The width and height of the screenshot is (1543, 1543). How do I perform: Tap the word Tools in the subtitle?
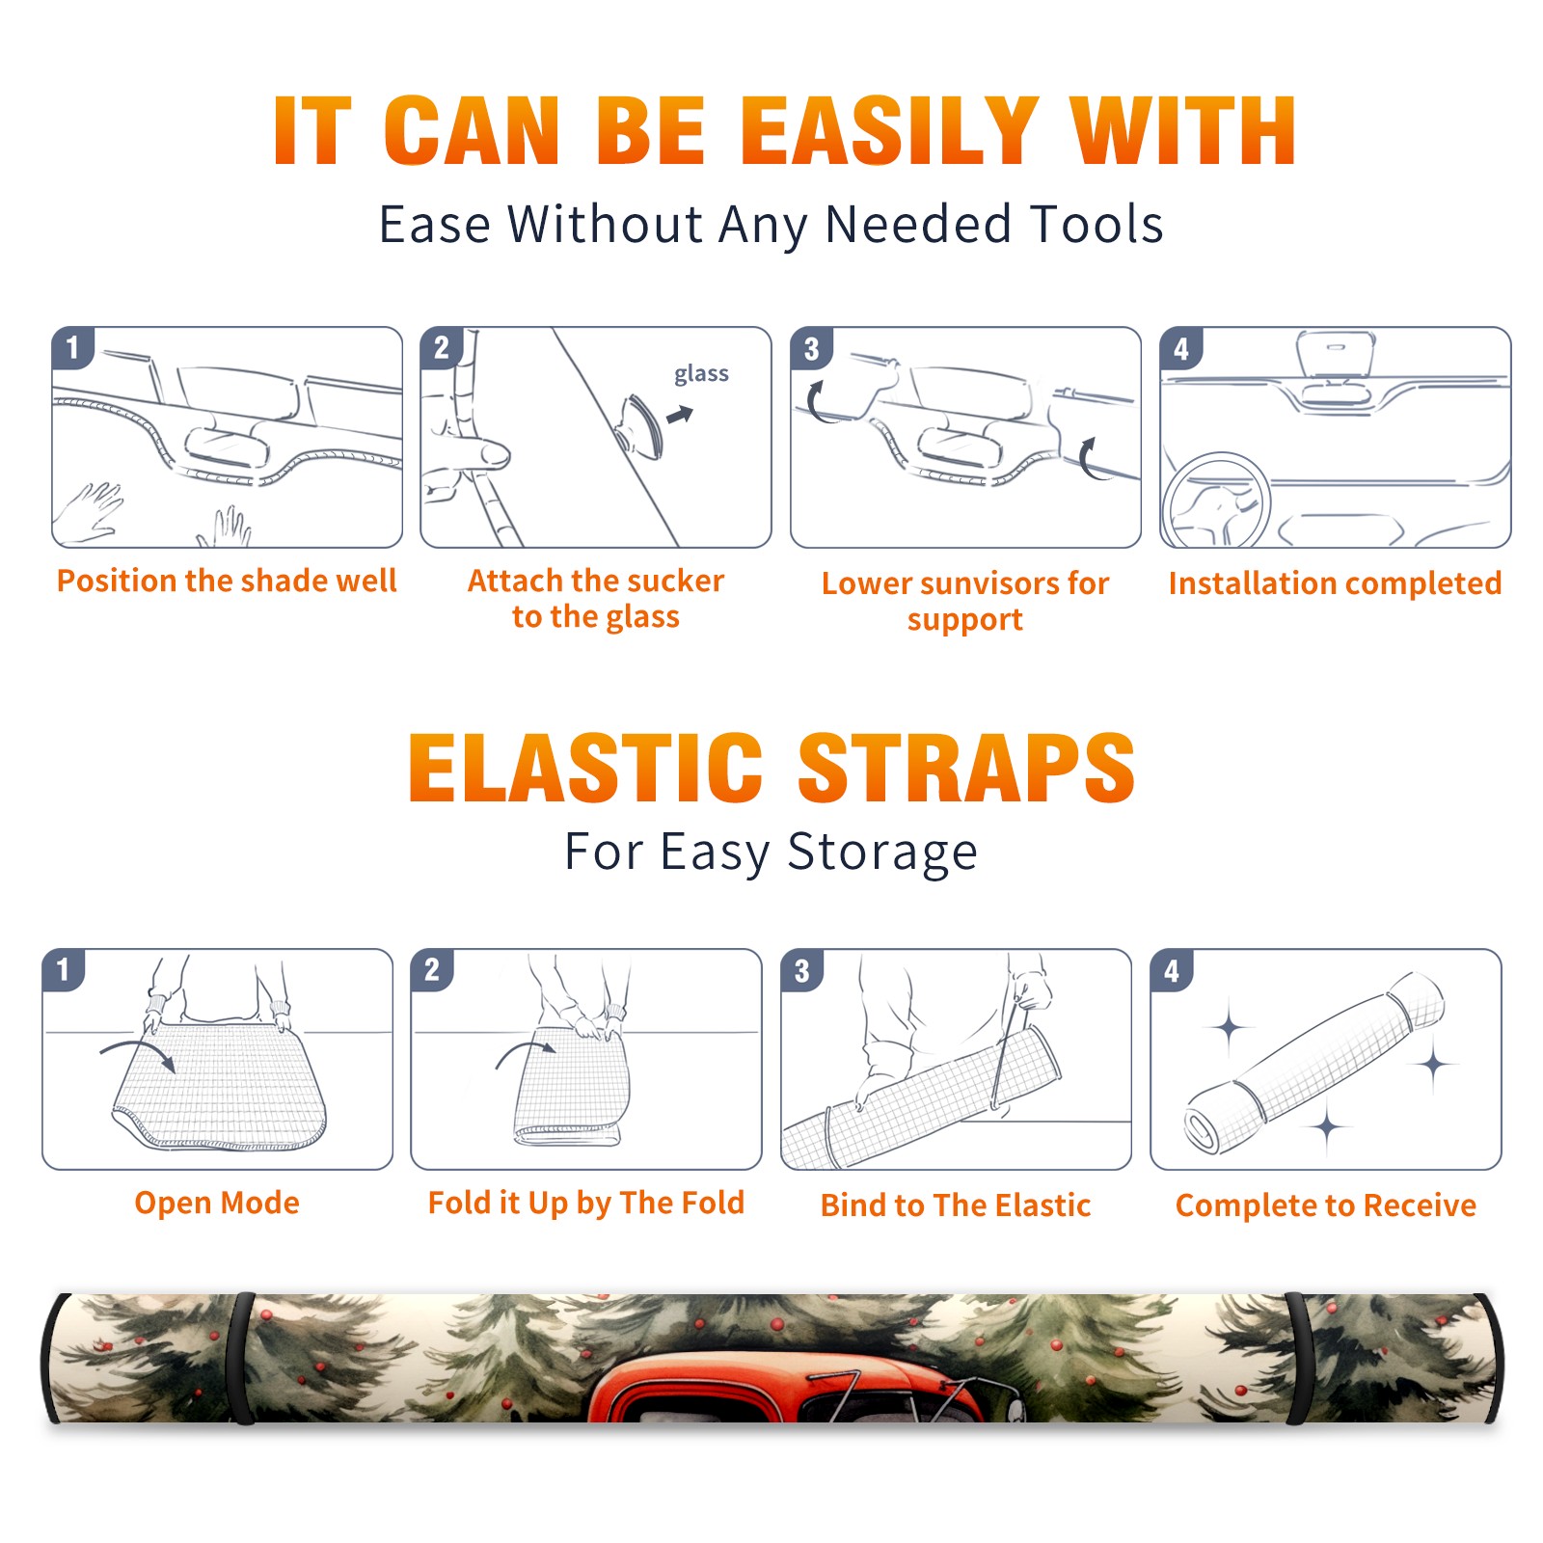(1096, 224)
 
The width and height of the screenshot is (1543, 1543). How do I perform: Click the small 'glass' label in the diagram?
(701, 374)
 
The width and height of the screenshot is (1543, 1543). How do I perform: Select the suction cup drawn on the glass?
(640, 425)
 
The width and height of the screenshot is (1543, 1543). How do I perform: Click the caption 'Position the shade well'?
(227, 581)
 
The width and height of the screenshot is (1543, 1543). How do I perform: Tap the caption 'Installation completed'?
(1335, 582)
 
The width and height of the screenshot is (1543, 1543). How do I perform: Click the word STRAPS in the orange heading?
(966, 768)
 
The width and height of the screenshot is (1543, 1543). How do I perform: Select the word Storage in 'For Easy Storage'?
(882, 853)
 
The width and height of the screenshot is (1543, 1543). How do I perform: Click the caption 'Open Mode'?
(217, 1203)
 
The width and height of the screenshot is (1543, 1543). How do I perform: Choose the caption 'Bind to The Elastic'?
(956, 1205)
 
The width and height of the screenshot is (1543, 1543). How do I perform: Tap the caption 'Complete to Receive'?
(1326, 1205)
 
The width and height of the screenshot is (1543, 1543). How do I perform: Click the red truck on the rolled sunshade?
(800, 1389)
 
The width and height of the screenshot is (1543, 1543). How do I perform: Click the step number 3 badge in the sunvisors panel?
(811, 348)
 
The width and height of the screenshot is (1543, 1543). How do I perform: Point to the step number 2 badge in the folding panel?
(432, 970)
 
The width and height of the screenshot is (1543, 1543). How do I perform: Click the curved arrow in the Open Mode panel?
(138, 1053)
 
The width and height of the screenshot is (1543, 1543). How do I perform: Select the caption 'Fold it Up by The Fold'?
(586, 1203)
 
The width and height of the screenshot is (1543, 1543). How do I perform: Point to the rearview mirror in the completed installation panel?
(1336, 355)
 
